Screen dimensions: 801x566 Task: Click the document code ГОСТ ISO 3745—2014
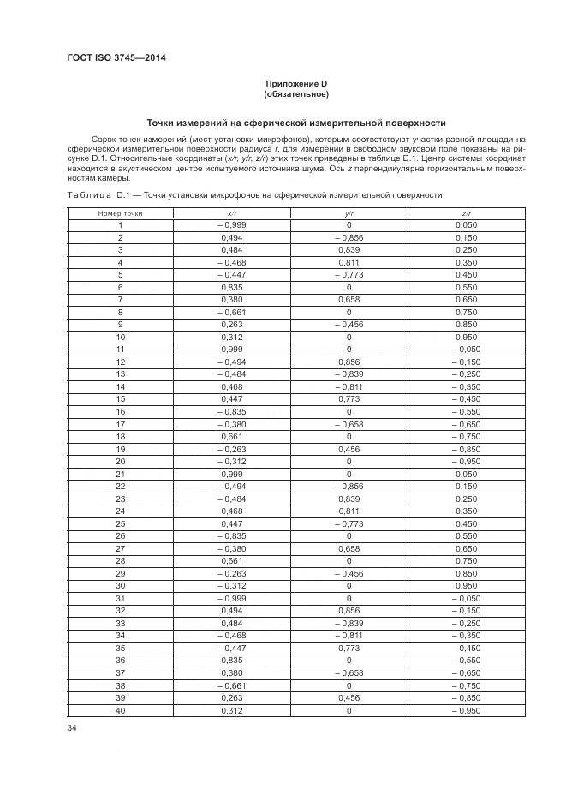pos(116,57)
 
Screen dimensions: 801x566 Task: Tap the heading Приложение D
pos(296,83)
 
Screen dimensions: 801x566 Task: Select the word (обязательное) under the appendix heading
pos(296,93)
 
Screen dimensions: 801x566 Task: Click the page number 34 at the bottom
pos(72,727)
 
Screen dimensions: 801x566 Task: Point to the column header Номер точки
pos(120,212)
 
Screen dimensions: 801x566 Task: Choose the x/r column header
pos(232,212)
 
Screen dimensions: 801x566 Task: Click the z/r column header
pos(466,212)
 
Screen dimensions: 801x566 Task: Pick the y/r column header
pos(349,212)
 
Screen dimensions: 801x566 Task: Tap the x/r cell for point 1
pos(232,224)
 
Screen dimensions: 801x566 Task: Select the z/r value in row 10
pos(466,338)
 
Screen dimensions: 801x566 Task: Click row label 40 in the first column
pos(120,711)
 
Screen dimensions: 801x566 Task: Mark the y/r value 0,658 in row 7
pos(349,300)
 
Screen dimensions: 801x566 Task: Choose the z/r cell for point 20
pos(466,462)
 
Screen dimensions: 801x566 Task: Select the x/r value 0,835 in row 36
pos(232,661)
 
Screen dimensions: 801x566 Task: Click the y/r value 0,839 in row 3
pos(349,249)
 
